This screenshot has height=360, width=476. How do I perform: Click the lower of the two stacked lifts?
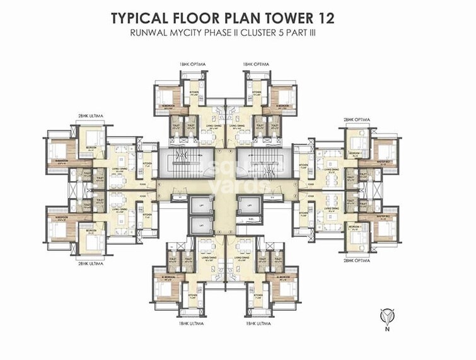(x=200, y=225)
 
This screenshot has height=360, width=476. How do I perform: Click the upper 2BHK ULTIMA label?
(x=92, y=115)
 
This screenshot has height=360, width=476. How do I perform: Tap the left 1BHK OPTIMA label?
(x=192, y=64)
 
